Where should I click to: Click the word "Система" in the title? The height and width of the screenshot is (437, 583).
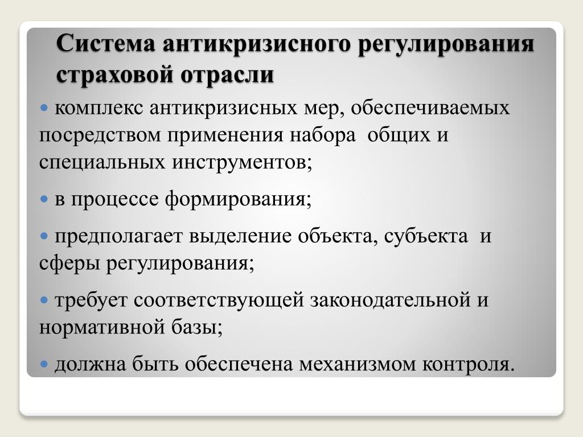click(106, 43)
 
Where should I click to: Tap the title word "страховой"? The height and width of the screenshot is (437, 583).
click(115, 74)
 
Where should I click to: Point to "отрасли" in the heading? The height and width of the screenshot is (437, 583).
click(228, 74)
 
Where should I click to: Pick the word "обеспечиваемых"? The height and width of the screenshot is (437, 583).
click(430, 108)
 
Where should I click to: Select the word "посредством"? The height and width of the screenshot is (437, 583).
click(100, 135)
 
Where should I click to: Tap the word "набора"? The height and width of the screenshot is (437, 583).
click(323, 135)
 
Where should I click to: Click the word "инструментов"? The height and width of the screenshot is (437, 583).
click(240, 162)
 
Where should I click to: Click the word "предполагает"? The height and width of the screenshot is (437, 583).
click(119, 236)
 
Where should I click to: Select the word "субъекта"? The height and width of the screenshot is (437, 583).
click(426, 236)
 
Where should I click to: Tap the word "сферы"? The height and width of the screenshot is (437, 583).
click(69, 264)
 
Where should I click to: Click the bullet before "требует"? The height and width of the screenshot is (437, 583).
click(44, 300)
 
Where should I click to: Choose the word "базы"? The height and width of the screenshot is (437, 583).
click(195, 327)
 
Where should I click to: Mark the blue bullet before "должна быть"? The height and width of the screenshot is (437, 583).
click(44, 364)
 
